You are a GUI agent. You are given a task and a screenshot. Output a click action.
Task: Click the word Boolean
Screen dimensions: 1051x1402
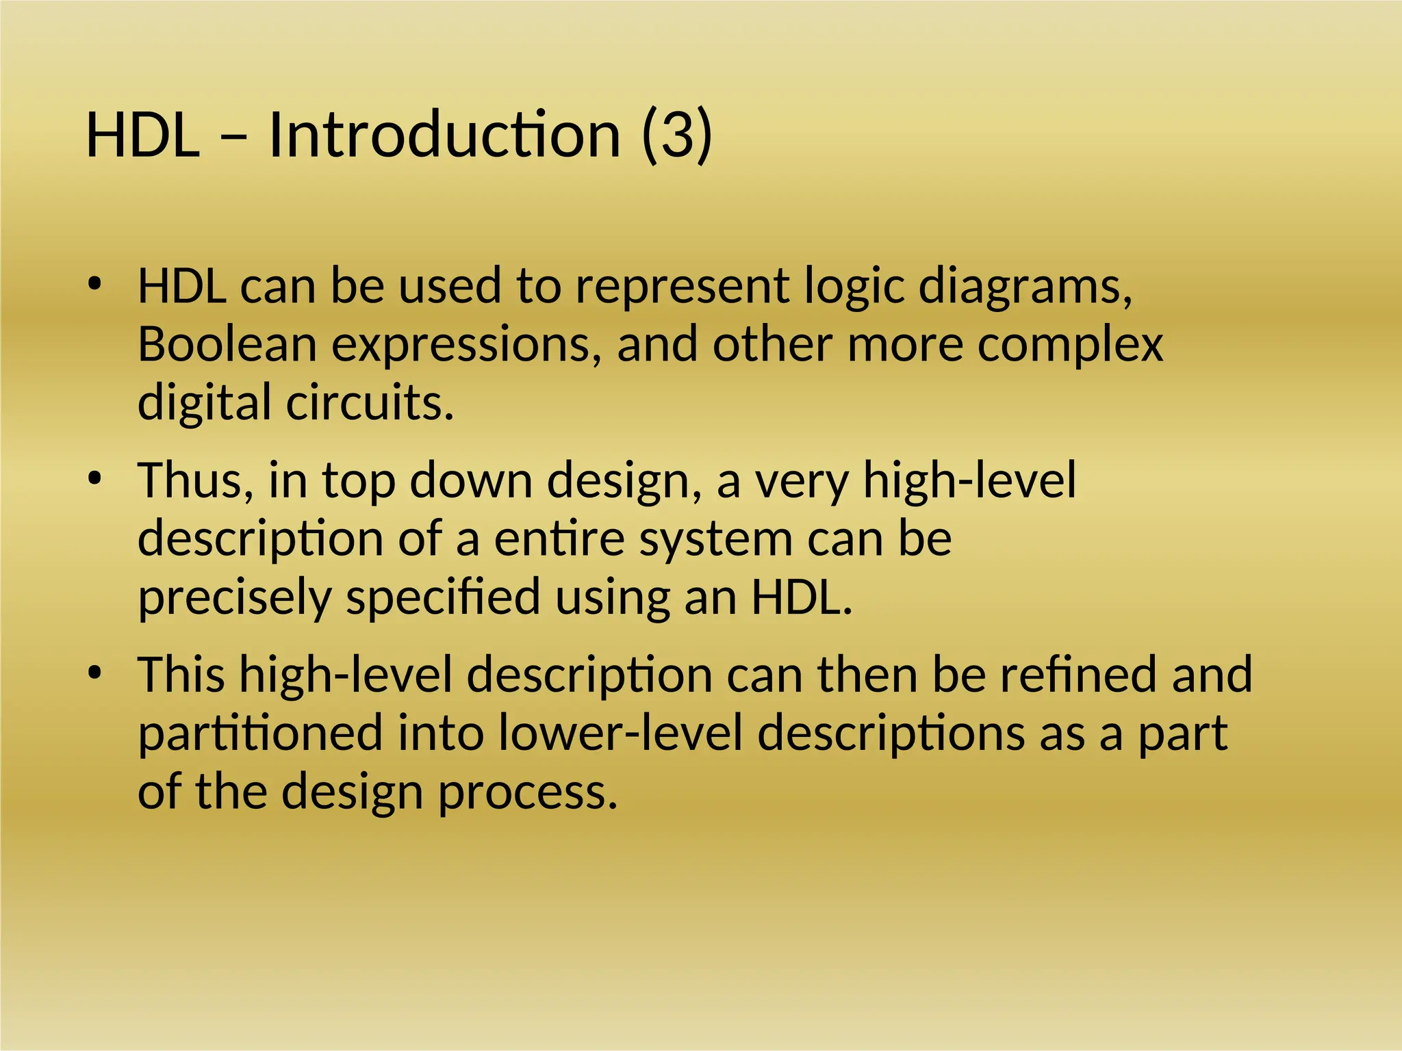tap(227, 343)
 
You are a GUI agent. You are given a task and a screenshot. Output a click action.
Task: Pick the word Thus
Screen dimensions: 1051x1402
tap(195, 480)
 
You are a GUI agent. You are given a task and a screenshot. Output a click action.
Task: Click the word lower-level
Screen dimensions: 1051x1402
tap(620, 733)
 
